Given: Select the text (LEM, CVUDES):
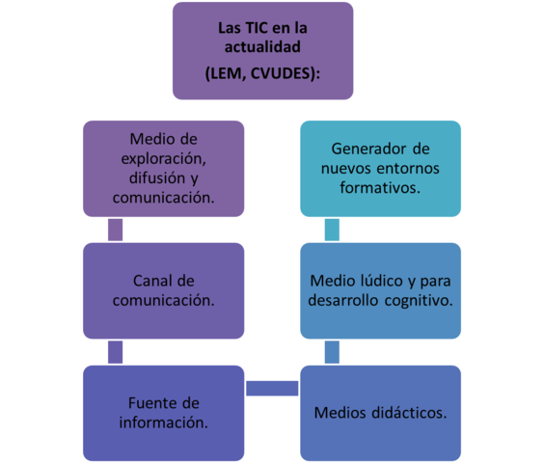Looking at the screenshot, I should pyautogui.click(x=262, y=72).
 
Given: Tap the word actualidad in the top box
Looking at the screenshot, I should pyautogui.click(x=263, y=46).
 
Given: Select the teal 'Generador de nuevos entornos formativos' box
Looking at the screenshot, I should pyautogui.click(x=380, y=170).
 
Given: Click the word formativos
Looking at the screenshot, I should pyautogui.click(x=380, y=189).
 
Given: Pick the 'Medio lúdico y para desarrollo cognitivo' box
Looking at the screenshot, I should pyautogui.click(x=380, y=289).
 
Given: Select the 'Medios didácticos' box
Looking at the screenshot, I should pyautogui.click(x=380, y=413).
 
